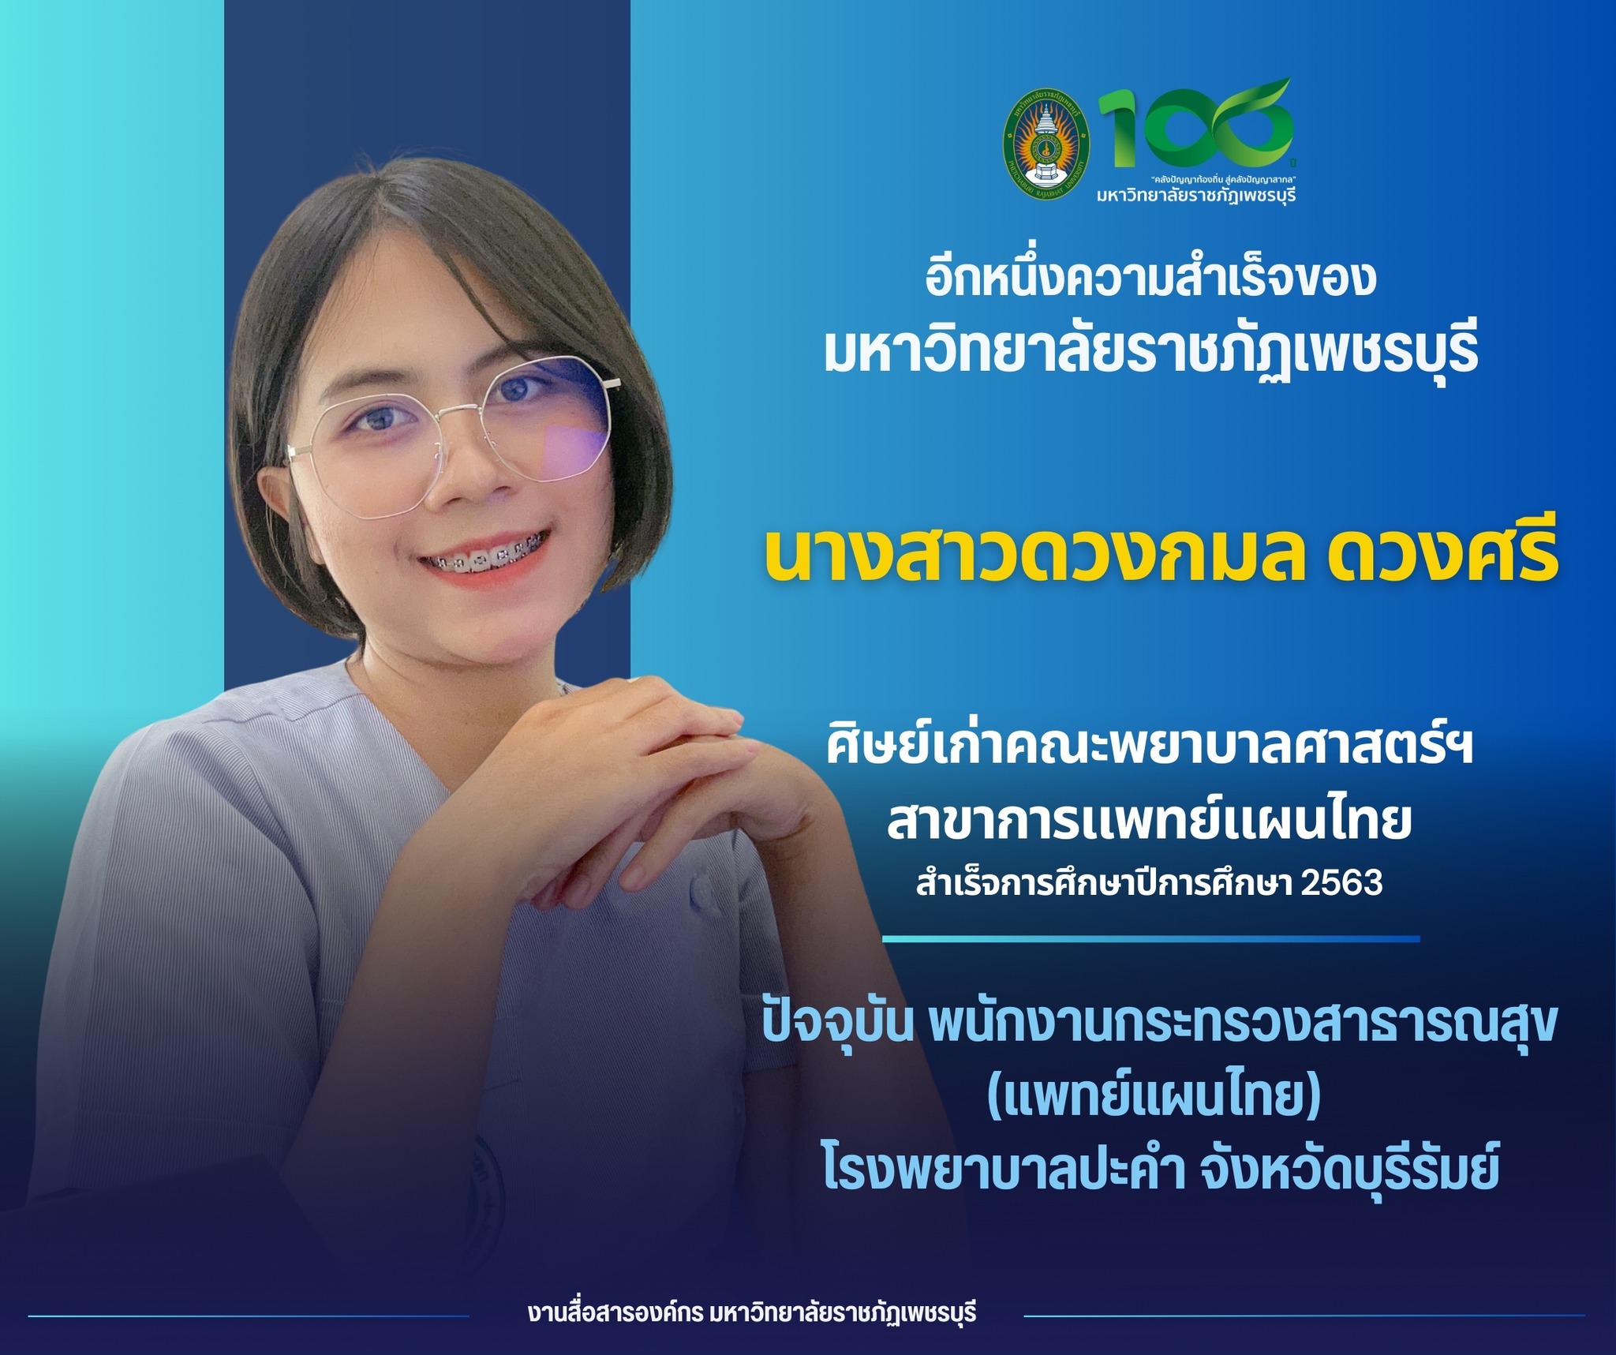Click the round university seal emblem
pyautogui.click(x=1046, y=142)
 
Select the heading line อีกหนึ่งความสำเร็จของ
pyautogui.click(x=1151, y=279)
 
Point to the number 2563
pyautogui.click(x=1342, y=883)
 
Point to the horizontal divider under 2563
pyautogui.click(x=1150, y=938)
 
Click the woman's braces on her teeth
pyautogui.click(x=481, y=563)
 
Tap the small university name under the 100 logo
pyautogui.click(x=1196, y=194)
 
